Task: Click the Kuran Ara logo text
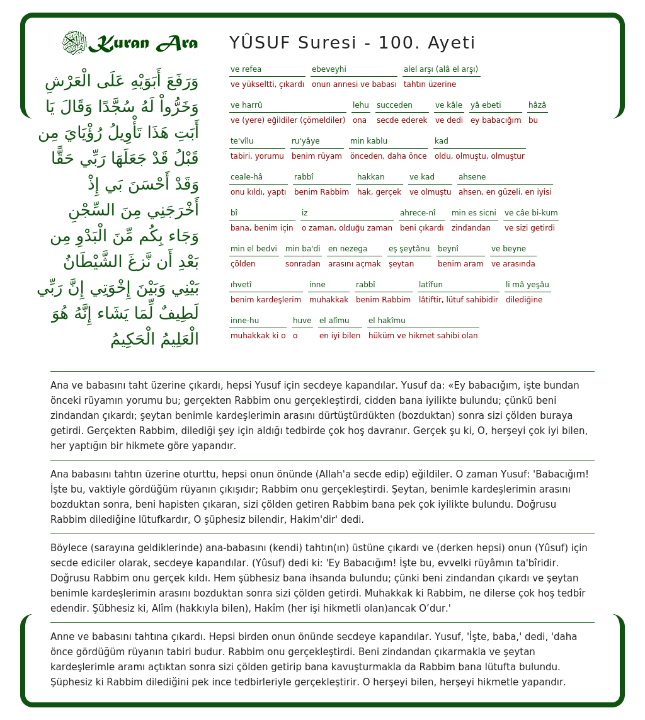143,43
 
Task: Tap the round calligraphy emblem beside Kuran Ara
74,42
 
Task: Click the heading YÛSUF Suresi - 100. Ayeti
352,43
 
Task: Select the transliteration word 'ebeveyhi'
329,69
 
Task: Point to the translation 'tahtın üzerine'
430,84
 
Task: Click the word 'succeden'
394,105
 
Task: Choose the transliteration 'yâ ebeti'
486,105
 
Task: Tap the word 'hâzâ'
537,105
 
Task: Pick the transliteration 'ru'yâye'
305,141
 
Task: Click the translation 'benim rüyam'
317,156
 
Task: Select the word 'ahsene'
472,177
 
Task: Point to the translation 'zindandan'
471,228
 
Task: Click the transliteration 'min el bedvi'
254,249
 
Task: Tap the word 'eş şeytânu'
409,249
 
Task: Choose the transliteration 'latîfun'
431,285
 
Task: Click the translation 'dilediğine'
524,300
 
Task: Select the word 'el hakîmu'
387,321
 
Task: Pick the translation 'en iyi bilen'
340,336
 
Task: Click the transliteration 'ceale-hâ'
247,177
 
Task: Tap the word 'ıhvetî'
241,285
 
